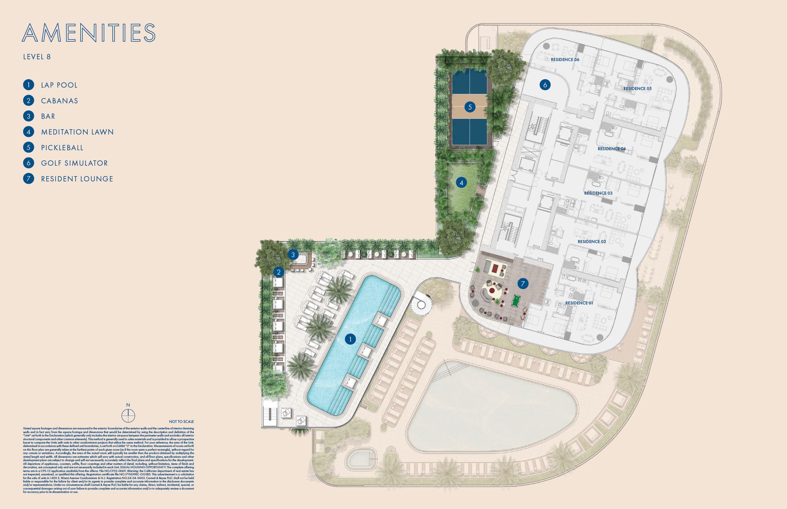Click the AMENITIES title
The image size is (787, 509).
89,33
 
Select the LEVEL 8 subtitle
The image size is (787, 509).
37,57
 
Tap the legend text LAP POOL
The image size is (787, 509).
59,85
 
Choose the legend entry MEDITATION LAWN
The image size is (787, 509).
77,132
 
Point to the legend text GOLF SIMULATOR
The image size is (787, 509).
74,163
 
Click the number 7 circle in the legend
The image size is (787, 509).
28,179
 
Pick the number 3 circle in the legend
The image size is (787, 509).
28,116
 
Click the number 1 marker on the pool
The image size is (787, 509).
350,339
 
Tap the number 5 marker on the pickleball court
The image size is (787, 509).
470,107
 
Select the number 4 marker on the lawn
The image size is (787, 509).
461,183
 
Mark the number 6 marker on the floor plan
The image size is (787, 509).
545,85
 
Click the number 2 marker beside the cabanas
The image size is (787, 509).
279,272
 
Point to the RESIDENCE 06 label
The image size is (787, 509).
565,60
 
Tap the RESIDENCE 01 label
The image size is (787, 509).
579,303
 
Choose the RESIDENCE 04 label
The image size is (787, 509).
611,149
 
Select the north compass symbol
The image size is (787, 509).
128,415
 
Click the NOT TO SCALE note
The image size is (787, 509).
181,422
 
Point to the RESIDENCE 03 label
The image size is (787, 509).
598,193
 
